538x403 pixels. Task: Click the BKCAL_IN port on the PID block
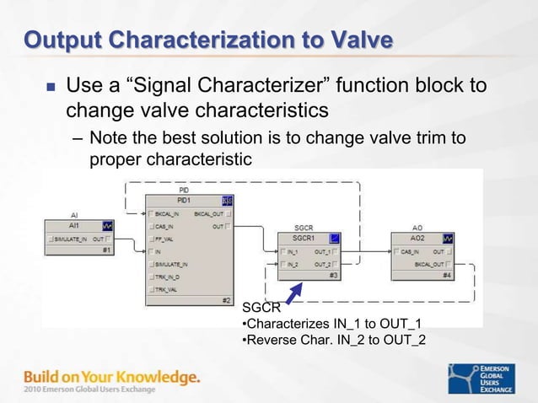coord(169,214)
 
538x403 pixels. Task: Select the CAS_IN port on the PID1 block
coord(165,226)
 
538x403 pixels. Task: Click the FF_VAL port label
coord(165,239)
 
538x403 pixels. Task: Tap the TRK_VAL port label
coord(167,289)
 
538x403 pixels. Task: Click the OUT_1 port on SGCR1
coord(323,251)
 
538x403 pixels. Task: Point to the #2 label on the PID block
coord(225,301)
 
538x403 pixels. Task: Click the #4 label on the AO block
coord(448,276)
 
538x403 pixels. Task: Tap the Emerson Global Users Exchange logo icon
coord(460,377)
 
